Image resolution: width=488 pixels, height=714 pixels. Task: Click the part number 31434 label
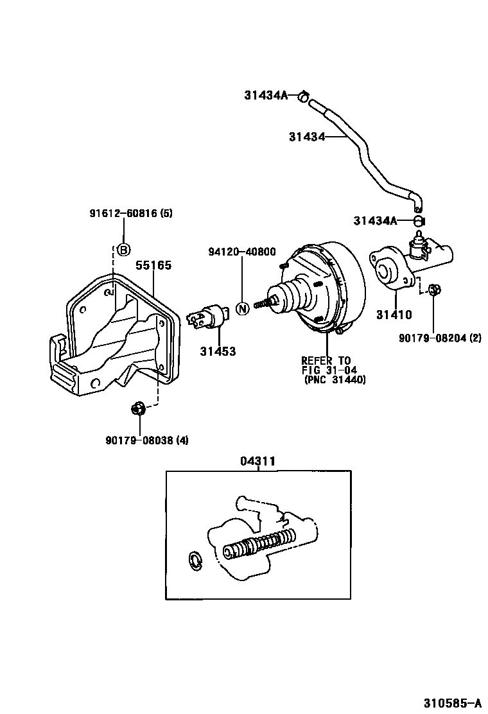(x=306, y=136)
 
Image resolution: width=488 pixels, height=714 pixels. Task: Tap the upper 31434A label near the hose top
(x=265, y=96)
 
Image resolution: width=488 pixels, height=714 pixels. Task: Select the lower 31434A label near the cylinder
(x=374, y=221)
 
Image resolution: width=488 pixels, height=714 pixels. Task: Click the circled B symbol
(x=123, y=250)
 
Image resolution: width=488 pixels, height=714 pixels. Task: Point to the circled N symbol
(x=242, y=308)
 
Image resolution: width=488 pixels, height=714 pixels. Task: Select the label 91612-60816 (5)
(x=131, y=213)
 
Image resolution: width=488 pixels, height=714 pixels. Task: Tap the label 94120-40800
(x=241, y=252)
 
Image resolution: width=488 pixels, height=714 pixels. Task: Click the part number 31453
(x=217, y=351)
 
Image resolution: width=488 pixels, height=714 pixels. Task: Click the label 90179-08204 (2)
(x=439, y=338)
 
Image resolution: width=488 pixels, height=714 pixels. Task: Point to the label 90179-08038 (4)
(x=147, y=440)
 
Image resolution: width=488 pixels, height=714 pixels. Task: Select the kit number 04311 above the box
(x=257, y=460)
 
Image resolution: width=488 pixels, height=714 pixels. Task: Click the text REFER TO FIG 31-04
(x=327, y=365)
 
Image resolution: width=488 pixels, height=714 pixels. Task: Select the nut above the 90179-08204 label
(x=433, y=290)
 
